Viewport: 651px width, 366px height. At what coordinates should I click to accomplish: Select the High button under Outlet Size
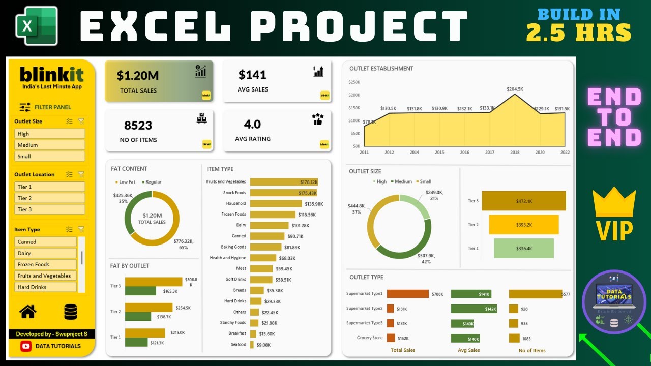49,134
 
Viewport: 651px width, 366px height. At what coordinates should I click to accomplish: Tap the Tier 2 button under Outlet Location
49,198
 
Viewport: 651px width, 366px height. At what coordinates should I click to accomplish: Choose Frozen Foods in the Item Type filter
45,264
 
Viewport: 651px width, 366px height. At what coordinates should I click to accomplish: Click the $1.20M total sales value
138,76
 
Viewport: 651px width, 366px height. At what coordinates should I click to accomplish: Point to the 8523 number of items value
138,125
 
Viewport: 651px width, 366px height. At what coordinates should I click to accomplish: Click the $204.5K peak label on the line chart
515,89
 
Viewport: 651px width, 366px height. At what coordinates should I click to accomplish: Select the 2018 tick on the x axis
515,152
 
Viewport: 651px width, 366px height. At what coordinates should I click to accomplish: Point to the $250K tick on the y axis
353,82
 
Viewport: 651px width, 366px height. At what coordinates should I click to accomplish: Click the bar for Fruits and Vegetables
284,182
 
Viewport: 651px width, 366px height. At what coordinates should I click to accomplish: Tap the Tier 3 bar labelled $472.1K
523,201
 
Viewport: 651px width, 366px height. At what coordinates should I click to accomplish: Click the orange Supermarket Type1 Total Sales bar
408,294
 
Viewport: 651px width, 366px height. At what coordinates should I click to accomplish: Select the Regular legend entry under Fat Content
153,181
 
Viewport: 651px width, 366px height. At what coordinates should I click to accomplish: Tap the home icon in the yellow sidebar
28,311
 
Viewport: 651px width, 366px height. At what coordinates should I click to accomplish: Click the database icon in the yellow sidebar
71,312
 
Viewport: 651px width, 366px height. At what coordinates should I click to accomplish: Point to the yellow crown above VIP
614,201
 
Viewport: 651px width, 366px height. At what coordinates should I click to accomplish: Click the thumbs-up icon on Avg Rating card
318,119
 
